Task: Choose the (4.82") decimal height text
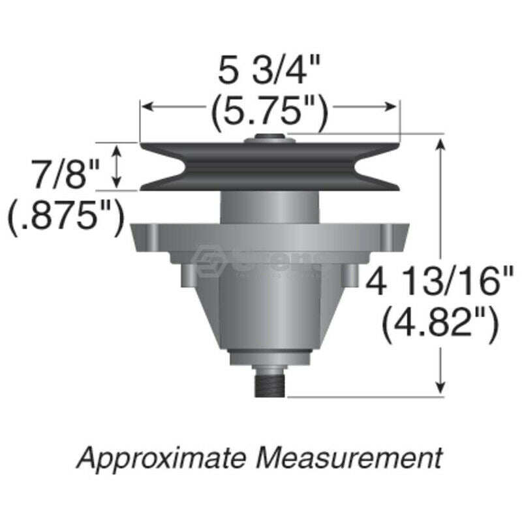point(441,322)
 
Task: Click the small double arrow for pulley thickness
point(117,166)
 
